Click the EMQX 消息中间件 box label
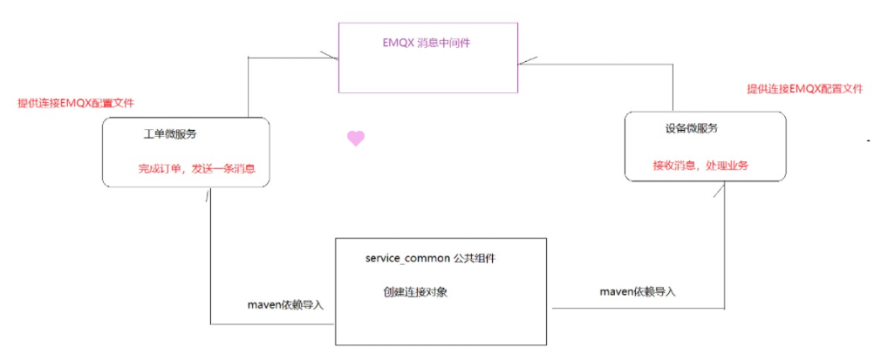point(428,43)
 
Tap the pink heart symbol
point(355,138)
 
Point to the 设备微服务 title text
point(692,128)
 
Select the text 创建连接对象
point(415,292)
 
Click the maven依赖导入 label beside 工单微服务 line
point(286,304)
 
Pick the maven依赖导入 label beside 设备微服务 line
point(637,291)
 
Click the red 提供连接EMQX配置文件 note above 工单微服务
point(76,103)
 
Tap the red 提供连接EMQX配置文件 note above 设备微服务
point(804,89)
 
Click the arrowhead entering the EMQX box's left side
point(329,57)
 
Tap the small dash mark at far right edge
point(869,140)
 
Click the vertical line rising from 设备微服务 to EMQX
point(673,87)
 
